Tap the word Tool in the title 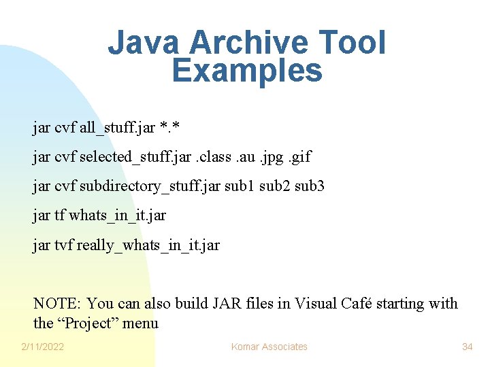(x=357, y=43)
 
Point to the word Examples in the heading (x=247, y=70)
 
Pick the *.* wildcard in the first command (x=167, y=127)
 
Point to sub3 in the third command (x=310, y=186)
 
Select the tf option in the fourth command (x=59, y=215)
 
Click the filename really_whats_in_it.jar (x=148, y=245)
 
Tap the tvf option (x=63, y=245)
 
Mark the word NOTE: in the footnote (x=58, y=303)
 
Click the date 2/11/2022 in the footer (x=42, y=347)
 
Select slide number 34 (x=467, y=347)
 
